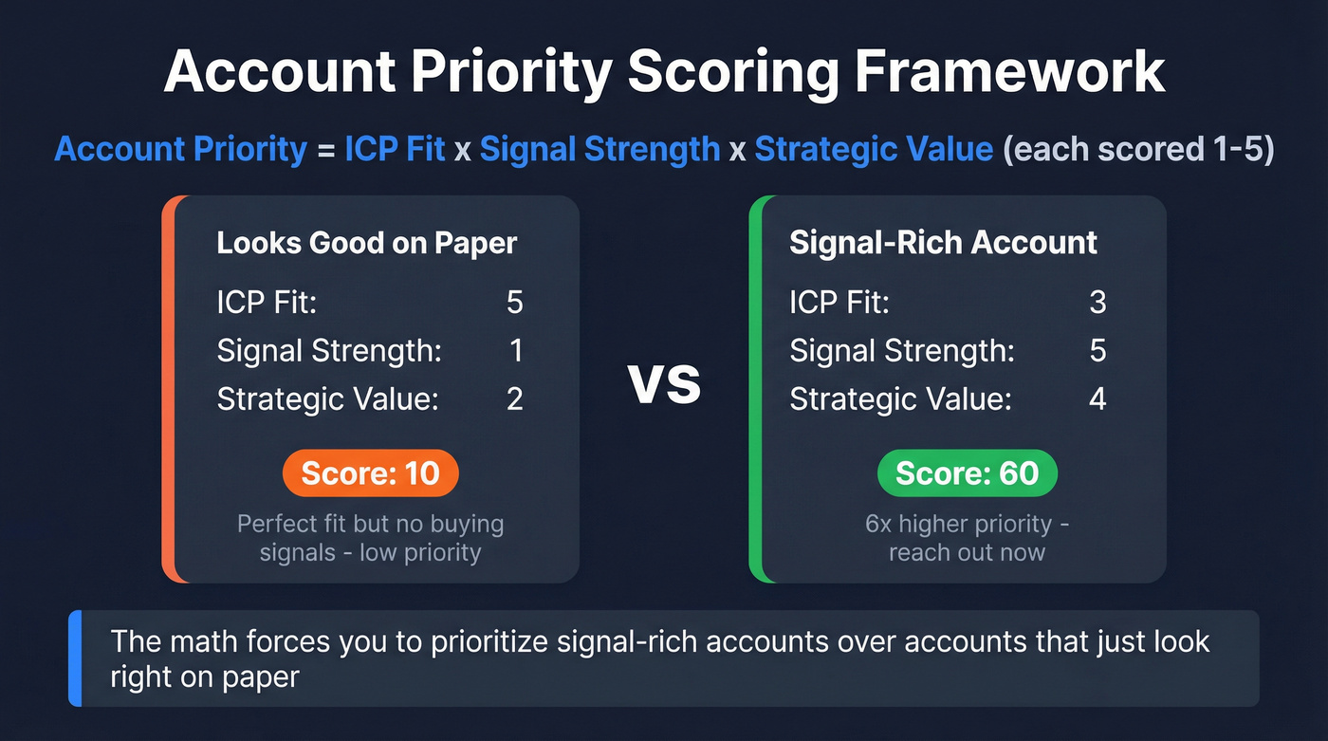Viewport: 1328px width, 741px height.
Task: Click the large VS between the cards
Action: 664,385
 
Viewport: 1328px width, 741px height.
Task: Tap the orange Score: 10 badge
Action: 370,473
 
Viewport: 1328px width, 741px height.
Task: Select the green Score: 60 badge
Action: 967,473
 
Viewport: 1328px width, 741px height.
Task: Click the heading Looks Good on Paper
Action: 367,243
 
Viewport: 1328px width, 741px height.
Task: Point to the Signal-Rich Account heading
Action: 943,243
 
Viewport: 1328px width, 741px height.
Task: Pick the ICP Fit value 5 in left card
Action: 514,303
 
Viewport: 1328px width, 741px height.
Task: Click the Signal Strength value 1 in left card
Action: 516,351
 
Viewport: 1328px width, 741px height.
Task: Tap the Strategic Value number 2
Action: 514,398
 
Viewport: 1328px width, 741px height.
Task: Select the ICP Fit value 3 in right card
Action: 1097,303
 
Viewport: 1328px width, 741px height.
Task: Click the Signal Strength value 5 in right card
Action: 1097,351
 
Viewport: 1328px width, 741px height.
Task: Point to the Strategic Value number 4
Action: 1097,398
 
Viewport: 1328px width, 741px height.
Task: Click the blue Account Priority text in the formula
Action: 181,150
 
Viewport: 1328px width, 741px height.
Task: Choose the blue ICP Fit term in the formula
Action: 395,150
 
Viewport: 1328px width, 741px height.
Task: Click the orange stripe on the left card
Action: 168,389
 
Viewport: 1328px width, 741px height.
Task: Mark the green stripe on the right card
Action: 755,389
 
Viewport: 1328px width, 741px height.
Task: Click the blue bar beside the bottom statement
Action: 75,658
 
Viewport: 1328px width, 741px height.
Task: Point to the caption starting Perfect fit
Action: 370,524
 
